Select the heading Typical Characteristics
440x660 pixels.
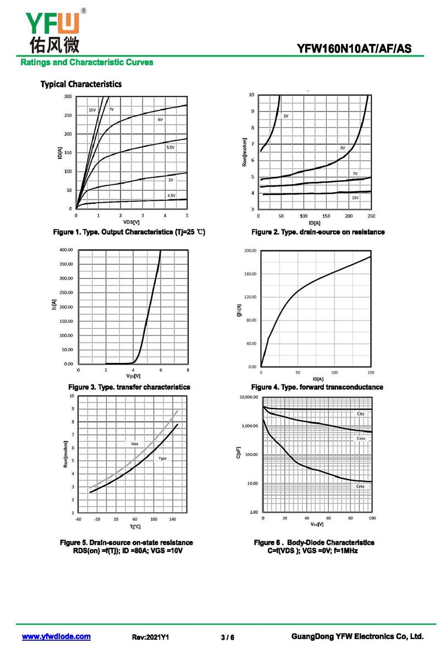(81, 84)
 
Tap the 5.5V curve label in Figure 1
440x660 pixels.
(170, 148)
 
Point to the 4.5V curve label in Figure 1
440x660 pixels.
(171, 195)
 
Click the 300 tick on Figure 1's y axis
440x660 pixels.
(68, 97)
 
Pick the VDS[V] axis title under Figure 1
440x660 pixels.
(131, 222)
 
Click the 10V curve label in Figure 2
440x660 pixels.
(355, 198)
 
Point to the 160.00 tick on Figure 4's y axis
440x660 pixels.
(250, 274)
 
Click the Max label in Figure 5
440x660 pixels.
(135, 443)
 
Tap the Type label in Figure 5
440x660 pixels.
(162, 458)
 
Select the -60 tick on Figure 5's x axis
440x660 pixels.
(78, 518)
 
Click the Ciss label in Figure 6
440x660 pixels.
(360, 413)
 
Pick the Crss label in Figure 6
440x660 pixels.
(360, 486)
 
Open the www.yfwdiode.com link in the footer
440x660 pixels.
(56, 636)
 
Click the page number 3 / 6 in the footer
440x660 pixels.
(227, 637)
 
